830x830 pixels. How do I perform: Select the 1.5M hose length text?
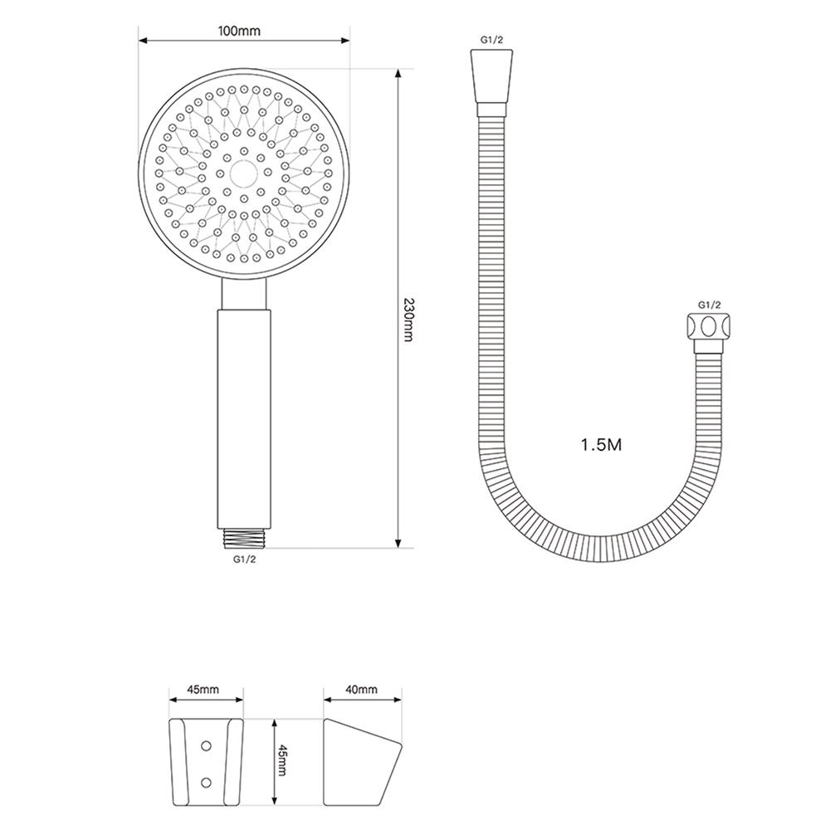click(x=602, y=445)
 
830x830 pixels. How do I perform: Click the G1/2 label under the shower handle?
click(x=244, y=559)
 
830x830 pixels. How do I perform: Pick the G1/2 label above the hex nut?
click(x=710, y=305)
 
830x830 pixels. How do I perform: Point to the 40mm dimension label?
click(x=361, y=690)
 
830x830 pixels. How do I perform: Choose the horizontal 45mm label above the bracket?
click(x=203, y=690)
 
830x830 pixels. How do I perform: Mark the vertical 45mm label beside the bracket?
click(x=281, y=760)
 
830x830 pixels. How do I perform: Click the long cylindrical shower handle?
click(x=244, y=415)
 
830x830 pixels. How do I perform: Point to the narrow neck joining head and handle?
click(x=244, y=293)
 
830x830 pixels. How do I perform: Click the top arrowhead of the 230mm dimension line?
click(x=399, y=75)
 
